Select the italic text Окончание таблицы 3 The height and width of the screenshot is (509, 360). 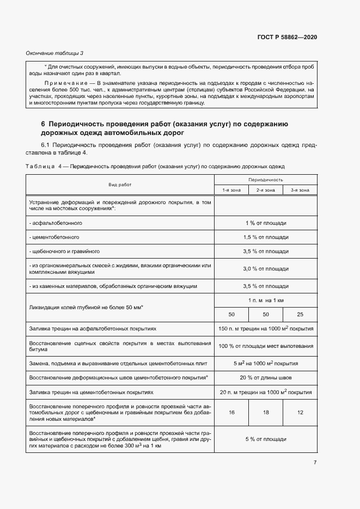pos(54,53)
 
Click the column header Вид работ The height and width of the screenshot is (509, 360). pos(120,185)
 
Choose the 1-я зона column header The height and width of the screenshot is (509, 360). pos(231,190)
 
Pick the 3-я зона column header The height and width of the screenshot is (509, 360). pos(300,190)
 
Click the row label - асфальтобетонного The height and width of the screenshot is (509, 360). pos(56,223)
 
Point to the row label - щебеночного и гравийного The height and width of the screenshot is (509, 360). pos(64,252)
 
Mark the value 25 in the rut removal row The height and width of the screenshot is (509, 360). pos(300,315)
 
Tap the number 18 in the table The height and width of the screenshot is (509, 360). pos(266,413)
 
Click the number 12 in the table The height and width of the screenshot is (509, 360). pos(300,413)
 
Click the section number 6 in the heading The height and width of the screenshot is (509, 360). pos(43,124)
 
